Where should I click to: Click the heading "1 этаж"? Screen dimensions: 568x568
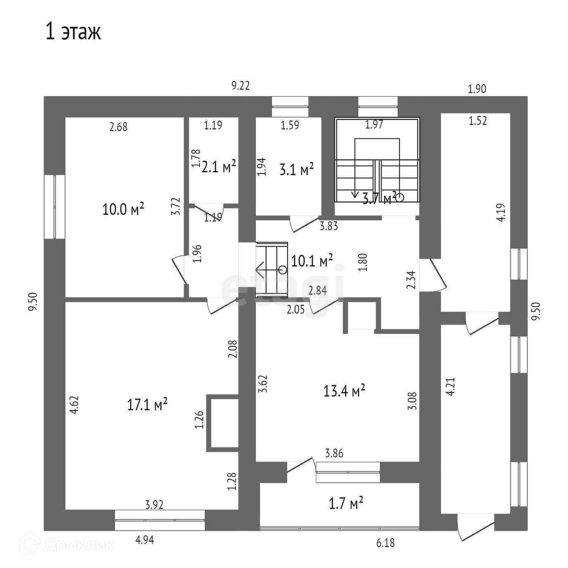point(73,32)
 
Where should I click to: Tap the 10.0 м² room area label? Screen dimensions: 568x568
point(123,209)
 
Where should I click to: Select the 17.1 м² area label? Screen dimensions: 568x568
point(147,404)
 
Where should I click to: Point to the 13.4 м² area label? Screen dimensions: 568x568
point(344,390)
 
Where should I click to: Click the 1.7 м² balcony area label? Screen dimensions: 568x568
point(346,503)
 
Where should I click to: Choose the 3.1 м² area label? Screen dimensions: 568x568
point(297,169)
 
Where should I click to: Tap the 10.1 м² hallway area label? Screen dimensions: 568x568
point(312,261)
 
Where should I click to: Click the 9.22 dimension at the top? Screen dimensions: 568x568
point(240,86)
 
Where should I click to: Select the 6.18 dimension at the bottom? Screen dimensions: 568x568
point(385,543)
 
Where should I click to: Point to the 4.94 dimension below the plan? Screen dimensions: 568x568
point(145,540)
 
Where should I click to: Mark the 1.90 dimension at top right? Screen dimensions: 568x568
point(477,89)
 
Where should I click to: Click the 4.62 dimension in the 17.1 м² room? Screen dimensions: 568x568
point(74,405)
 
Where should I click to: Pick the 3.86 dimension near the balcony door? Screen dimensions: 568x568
point(334,454)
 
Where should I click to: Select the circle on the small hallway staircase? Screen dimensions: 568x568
point(283,270)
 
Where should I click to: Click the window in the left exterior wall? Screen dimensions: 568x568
point(55,207)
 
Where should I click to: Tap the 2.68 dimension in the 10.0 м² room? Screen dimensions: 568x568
point(119,127)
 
